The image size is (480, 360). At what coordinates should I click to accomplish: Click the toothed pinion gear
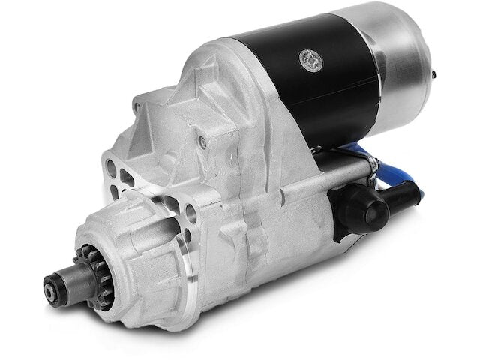point(79,262)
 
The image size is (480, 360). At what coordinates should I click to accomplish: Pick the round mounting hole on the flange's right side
point(190,212)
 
